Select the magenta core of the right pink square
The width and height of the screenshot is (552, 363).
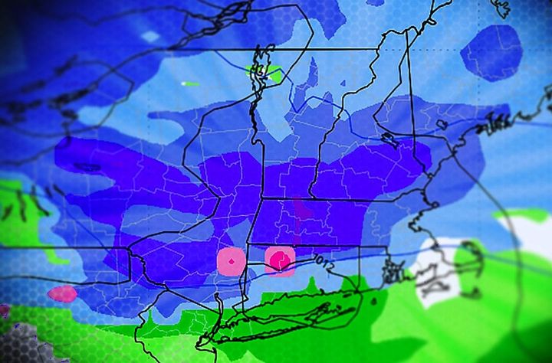click(281, 260)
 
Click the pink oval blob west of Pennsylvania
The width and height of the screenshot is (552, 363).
click(62, 293)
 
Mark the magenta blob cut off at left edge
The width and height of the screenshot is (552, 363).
click(4, 310)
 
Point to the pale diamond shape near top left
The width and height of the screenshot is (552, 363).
click(151, 36)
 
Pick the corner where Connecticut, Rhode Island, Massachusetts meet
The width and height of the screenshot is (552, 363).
click(359, 247)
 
